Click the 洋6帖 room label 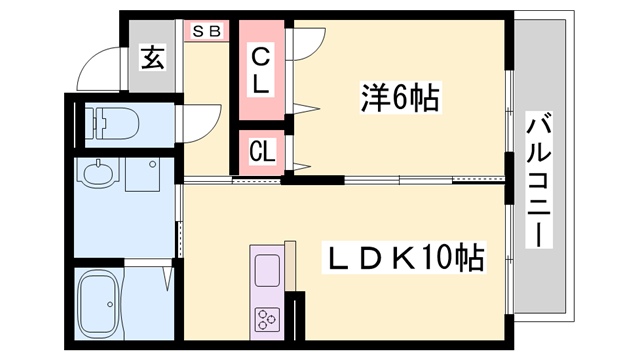pos(400,98)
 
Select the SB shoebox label pos(206,31)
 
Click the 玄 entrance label pos(152,59)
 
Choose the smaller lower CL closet pos(261,152)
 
